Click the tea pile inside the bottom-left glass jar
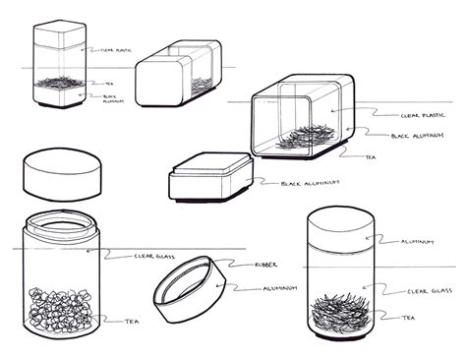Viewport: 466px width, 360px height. coord(59,310)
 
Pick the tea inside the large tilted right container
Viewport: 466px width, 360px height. coord(300,136)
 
